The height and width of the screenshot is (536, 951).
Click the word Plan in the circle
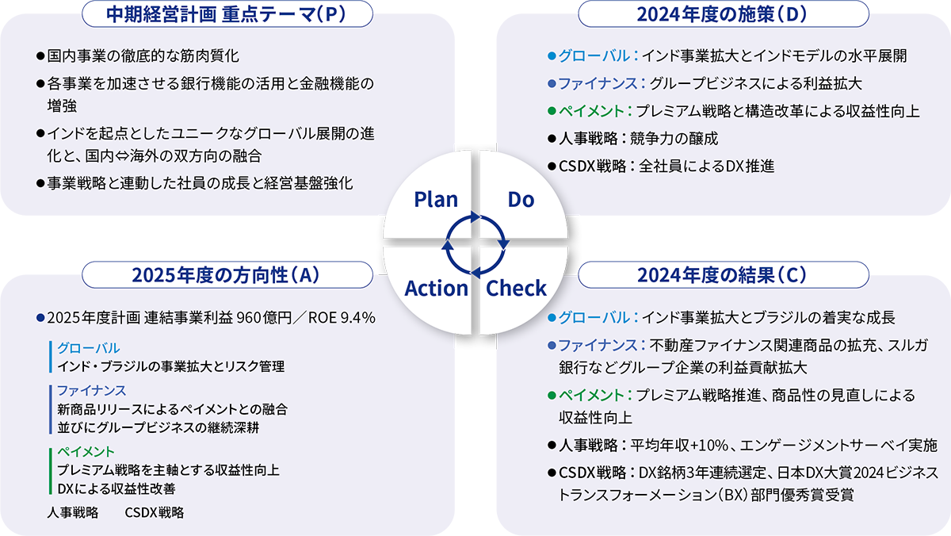point(436,199)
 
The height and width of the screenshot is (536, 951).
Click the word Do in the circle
point(521,199)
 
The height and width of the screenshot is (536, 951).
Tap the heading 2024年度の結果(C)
point(722,274)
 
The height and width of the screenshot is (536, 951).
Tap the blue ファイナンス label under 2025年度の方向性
point(92,390)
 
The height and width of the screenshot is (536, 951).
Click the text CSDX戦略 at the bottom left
point(155,512)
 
